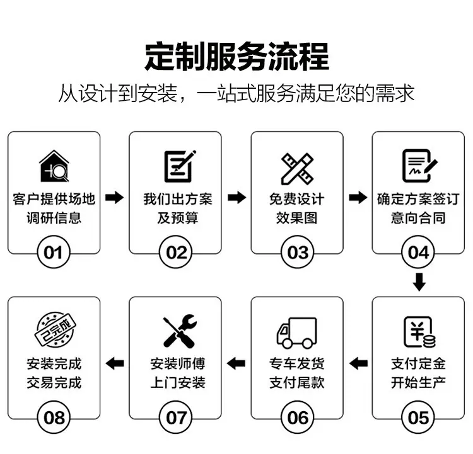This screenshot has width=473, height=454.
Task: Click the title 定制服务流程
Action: [x=237, y=56]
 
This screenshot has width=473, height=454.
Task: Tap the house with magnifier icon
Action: [x=54, y=166]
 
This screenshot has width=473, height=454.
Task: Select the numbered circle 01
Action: [x=54, y=253]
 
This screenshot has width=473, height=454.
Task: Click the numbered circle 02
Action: [x=177, y=253]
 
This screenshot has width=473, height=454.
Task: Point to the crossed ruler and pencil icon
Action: [x=297, y=167]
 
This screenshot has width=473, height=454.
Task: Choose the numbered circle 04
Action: [x=419, y=253]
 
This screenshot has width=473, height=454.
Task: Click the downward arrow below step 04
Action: [x=419, y=281]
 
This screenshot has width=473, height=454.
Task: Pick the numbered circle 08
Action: [x=54, y=417]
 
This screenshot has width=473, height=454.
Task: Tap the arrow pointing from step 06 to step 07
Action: [x=236, y=363]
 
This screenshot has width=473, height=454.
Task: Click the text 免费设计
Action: [x=297, y=200]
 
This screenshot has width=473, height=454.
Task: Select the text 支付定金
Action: [x=419, y=363]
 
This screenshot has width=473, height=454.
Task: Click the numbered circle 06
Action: [x=298, y=417]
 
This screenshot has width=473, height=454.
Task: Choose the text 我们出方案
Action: [x=177, y=200]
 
